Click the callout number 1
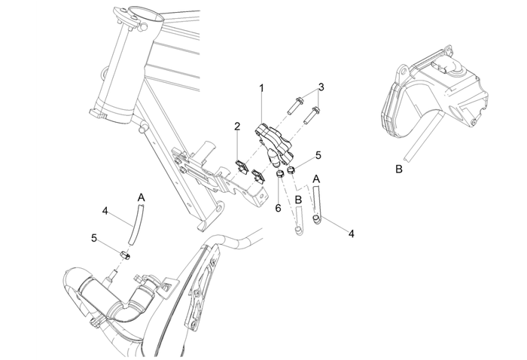(x=261, y=88)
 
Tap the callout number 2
(x=236, y=127)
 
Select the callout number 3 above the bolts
(x=321, y=87)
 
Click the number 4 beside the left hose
(x=106, y=212)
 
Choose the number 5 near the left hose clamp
(x=93, y=238)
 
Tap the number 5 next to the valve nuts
(x=318, y=155)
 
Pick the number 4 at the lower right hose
(x=351, y=234)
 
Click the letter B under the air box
(x=398, y=169)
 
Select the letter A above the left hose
(x=141, y=198)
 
